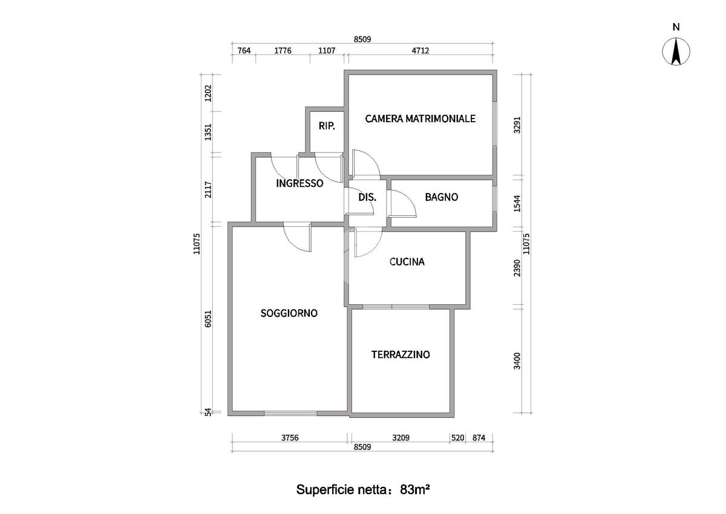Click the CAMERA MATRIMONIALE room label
tap(420, 119)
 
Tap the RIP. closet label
tap(327, 126)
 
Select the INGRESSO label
tap(299, 183)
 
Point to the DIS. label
tap(367, 197)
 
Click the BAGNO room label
tap(441, 197)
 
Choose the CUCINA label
tap(407, 262)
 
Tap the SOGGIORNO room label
tap(289, 313)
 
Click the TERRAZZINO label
tap(401, 354)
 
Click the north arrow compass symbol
tap(676, 51)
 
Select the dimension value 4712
tap(420, 51)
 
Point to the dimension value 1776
tap(283, 51)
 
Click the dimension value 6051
tap(208, 319)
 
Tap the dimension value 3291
tap(517, 125)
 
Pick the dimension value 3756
tap(289, 438)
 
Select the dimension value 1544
tap(517, 204)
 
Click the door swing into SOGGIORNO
tap(298, 237)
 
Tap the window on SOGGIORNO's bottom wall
tap(290, 414)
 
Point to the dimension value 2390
tap(517, 268)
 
